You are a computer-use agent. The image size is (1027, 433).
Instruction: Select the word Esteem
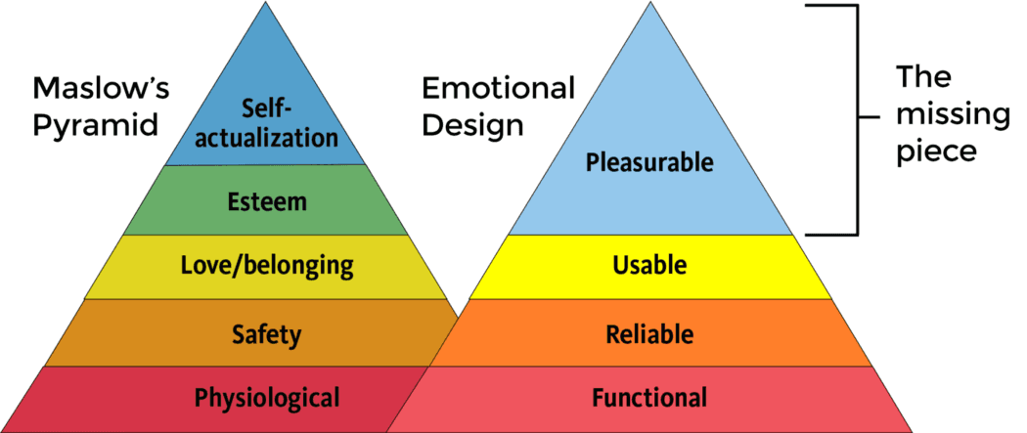267,202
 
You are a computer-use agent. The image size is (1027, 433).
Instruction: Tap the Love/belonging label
267,264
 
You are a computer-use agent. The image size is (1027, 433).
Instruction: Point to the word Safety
266,334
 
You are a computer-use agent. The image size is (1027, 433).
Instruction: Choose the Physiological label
267,398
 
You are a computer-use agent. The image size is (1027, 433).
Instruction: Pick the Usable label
649,265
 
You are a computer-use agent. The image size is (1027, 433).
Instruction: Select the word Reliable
649,334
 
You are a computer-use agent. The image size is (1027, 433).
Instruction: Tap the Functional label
649,398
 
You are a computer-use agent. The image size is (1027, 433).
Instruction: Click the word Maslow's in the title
101,90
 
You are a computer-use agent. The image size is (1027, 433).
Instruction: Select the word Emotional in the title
498,90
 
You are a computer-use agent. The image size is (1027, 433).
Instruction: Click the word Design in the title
473,126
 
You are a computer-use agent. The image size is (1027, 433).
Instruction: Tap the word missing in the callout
953,114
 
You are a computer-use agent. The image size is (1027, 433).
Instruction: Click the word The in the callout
924,77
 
